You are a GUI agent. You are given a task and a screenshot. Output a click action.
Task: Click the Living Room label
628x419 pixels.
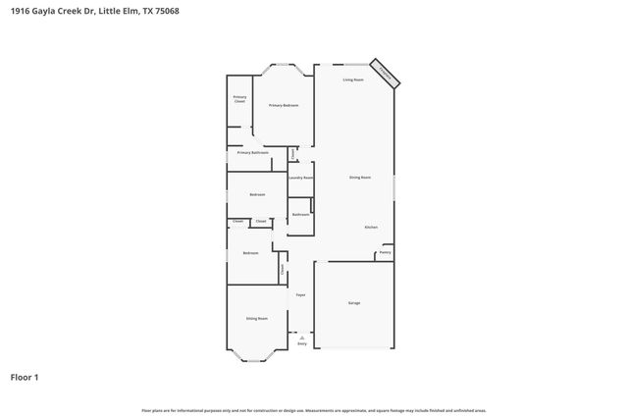353,79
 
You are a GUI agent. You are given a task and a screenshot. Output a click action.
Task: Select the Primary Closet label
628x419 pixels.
239,99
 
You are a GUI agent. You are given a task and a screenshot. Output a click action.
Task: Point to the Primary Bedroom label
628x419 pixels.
284,105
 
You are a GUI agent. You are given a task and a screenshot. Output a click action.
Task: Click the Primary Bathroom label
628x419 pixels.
253,153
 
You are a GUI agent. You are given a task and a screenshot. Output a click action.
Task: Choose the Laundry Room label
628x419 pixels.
300,178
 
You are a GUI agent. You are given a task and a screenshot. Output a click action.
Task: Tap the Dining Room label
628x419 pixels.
360,178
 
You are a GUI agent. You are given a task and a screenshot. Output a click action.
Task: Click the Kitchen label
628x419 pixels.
372,227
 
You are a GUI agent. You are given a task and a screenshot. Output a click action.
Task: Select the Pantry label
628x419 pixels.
385,253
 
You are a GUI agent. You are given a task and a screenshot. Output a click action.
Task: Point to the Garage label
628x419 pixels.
354,303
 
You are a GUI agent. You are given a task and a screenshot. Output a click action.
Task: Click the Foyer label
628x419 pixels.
301,294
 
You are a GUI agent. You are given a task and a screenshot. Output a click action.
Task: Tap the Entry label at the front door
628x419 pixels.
301,344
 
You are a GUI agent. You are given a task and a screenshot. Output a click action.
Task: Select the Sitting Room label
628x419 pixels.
256,319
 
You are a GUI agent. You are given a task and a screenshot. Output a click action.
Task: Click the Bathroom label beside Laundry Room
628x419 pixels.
300,214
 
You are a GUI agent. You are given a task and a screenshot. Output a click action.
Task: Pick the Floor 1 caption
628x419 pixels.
24,377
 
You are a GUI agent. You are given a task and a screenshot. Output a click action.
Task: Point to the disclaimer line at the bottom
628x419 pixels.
314,410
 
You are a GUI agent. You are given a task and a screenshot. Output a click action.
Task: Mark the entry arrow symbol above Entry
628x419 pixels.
301,337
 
